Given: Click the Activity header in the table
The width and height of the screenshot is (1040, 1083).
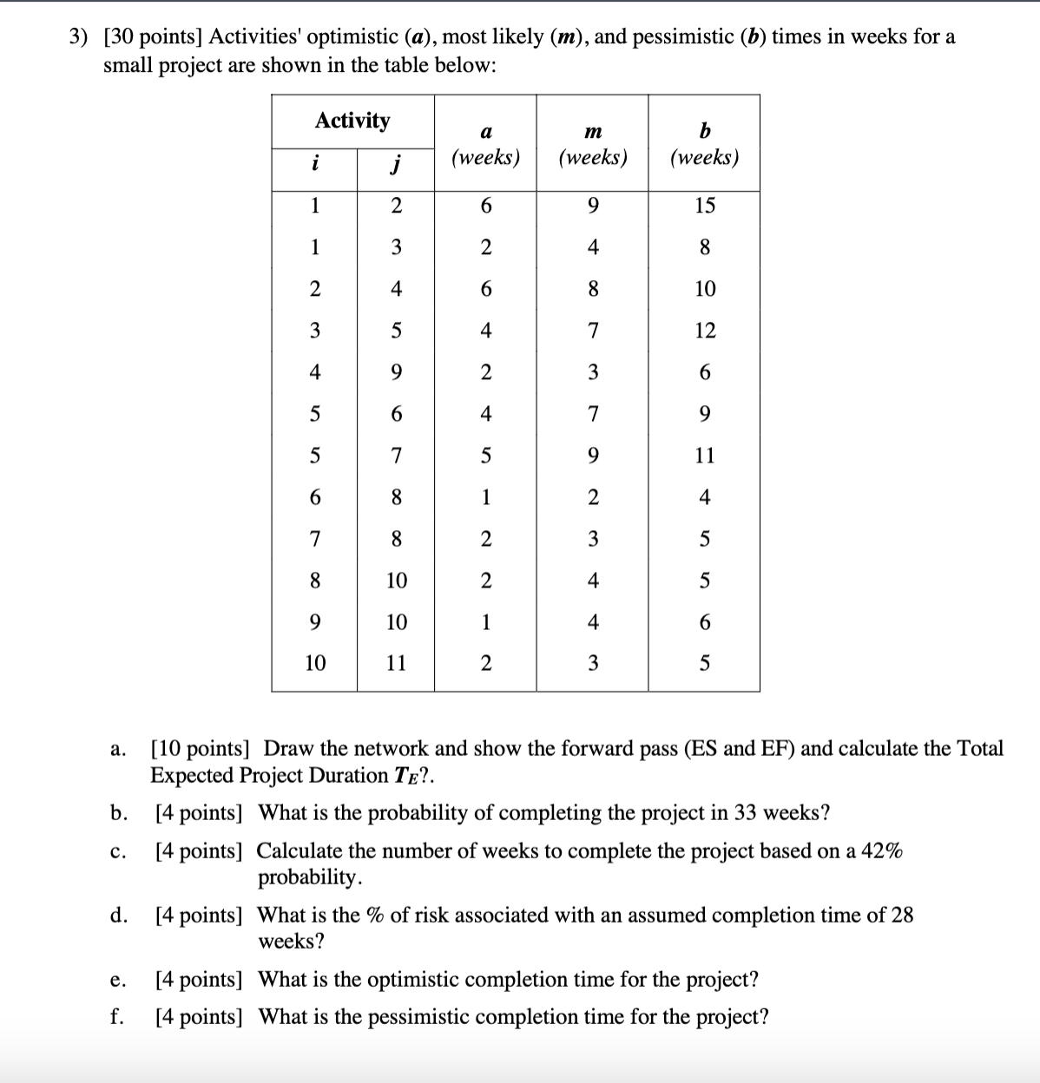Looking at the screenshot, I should (352, 121).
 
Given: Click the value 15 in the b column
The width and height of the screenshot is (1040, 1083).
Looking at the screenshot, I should (704, 206).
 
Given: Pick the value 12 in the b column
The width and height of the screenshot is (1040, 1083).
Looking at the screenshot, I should (704, 331).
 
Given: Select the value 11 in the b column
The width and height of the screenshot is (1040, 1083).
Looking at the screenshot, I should (704, 456).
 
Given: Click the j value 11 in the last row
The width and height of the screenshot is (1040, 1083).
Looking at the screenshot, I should (396, 664).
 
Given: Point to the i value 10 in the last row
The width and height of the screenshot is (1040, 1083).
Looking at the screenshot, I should (314, 664).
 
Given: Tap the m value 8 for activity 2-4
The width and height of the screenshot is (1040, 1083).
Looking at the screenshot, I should (592, 289).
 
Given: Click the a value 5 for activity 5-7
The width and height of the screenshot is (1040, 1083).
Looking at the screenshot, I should (485, 456).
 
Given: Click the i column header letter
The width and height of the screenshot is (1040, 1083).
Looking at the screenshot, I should (314, 163).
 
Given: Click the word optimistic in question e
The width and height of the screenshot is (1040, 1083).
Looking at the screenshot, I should (417, 980).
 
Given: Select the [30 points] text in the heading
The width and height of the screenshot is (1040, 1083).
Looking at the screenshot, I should (153, 37).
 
